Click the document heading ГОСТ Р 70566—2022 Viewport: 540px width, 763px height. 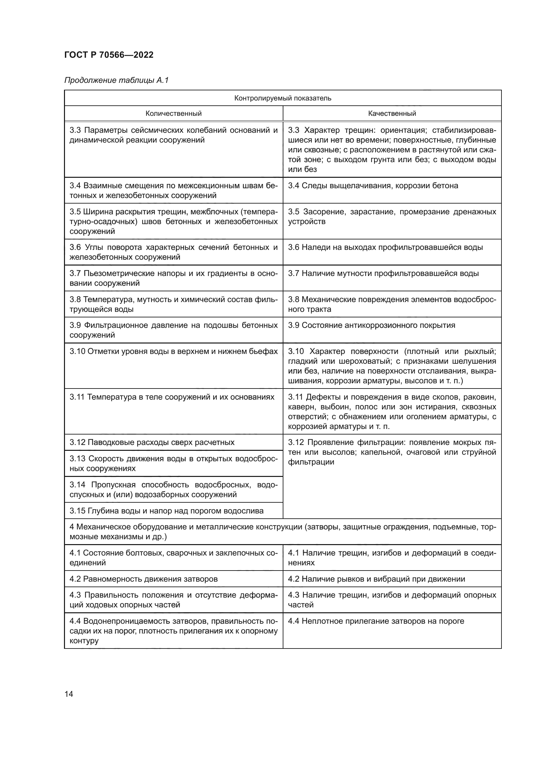point(109,55)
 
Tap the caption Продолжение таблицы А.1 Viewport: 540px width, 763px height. point(116,80)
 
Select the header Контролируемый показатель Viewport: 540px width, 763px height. point(282,98)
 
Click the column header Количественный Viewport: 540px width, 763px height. point(173,113)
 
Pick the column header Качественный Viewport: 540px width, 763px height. point(392,113)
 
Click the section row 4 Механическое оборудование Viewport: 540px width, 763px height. point(282,532)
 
